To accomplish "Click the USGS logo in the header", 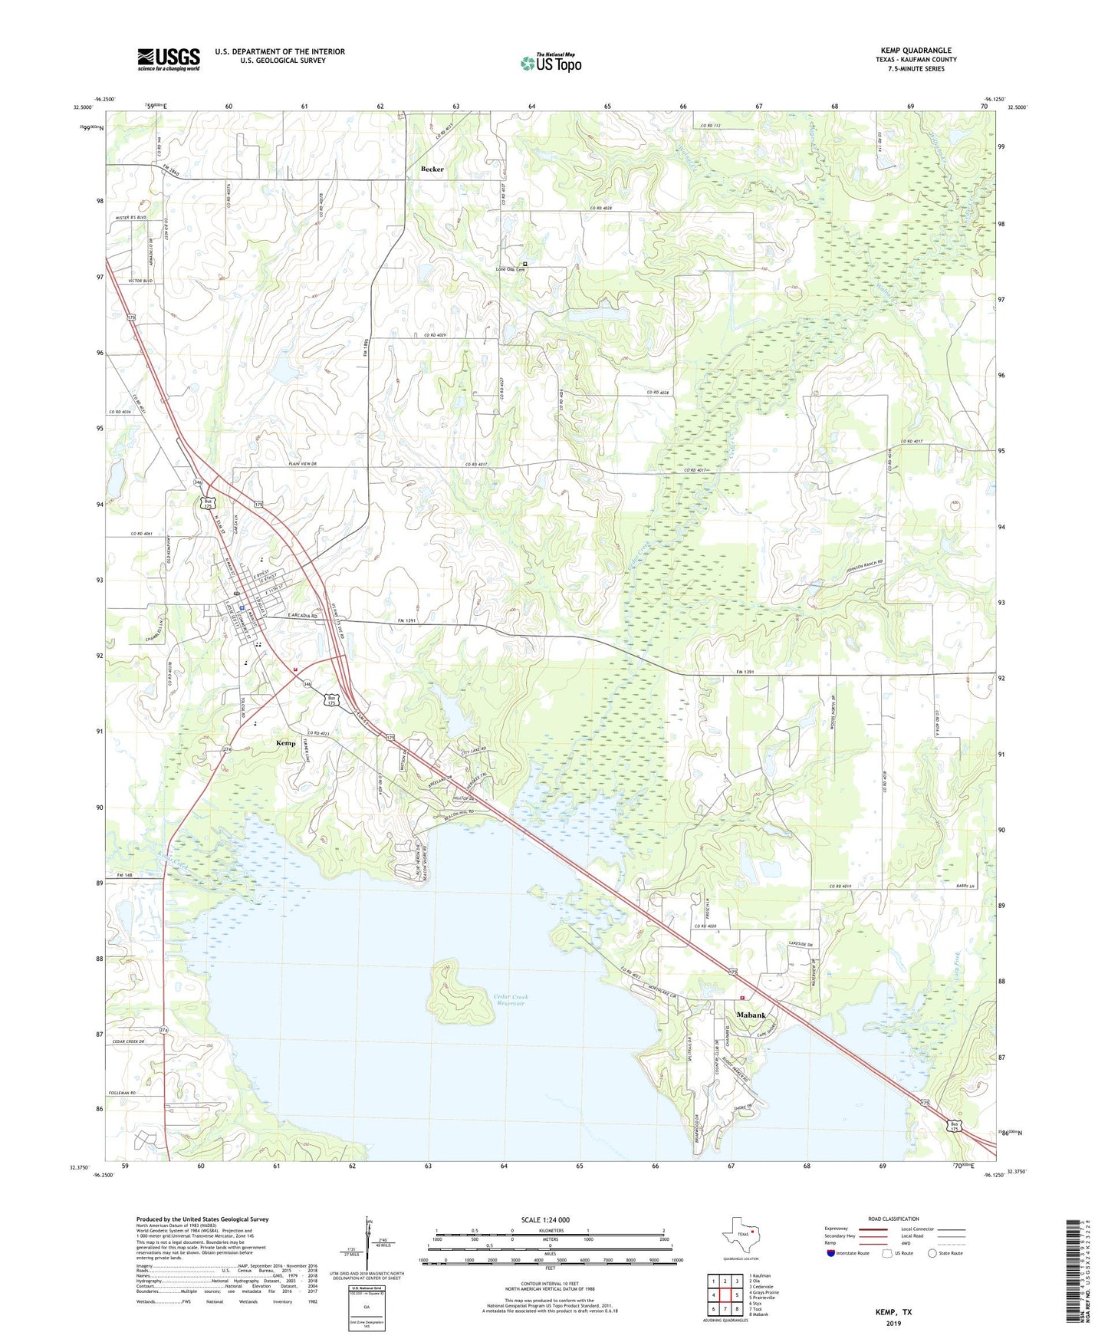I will [169, 59].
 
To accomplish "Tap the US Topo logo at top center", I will [550, 63].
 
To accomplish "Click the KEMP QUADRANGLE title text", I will [916, 51].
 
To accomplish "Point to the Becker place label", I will [432, 169].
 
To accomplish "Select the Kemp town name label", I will [285, 743].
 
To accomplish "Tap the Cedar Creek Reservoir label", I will [511, 1000].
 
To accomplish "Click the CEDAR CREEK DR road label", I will [127, 1041].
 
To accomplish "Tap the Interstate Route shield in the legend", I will [831, 1253].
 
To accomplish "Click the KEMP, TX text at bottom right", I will [893, 1312].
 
